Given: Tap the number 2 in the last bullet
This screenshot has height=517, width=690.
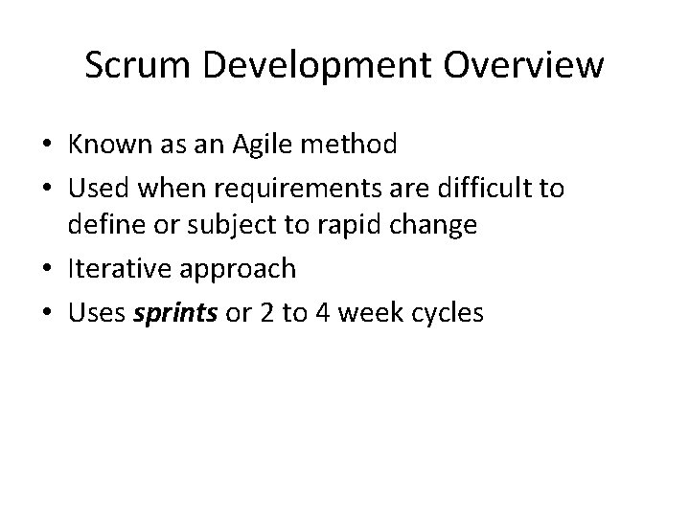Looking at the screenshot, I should point(262,312).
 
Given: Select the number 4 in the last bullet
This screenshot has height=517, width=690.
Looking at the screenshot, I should point(322,312).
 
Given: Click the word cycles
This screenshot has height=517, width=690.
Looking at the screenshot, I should point(448,312).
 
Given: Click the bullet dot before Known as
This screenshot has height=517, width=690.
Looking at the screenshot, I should point(45,146).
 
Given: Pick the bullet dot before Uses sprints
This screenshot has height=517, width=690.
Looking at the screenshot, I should point(45,313).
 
